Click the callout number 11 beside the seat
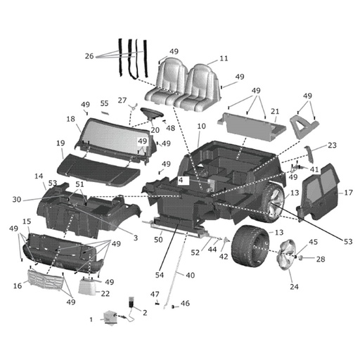tap(224, 58)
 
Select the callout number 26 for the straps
tap(89, 56)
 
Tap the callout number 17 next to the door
tap(347, 193)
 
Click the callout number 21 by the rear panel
tap(274, 112)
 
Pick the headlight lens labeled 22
tap(89, 286)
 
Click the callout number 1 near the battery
tap(91, 319)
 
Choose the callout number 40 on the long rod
tap(190, 276)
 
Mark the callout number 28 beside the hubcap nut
tap(321, 260)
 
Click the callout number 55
tap(104, 103)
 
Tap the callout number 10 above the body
tap(201, 127)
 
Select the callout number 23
tap(333, 146)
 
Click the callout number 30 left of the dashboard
tap(17, 199)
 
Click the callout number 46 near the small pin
tap(185, 303)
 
